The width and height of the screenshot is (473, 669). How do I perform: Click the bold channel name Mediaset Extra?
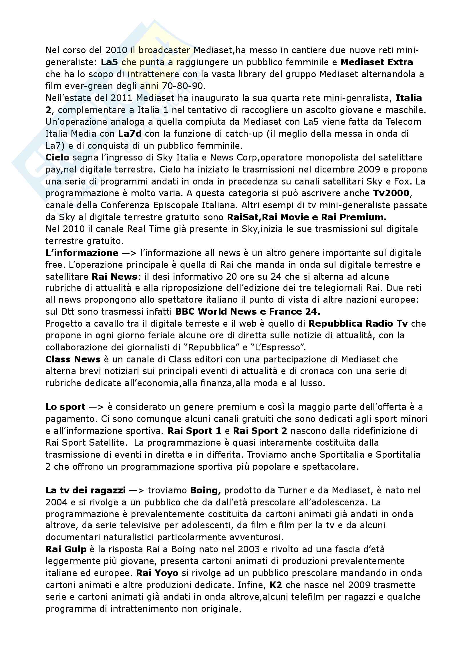[x=377, y=62]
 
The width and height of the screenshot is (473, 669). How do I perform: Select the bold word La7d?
[x=130, y=134]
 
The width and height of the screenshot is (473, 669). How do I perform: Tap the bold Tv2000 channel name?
[x=391, y=193]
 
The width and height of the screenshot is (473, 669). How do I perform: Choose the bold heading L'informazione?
[x=82, y=253]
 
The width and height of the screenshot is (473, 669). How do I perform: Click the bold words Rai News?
[x=114, y=277]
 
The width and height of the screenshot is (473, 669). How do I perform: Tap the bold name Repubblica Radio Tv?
[x=358, y=324]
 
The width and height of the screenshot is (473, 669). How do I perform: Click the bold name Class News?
[x=73, y=360]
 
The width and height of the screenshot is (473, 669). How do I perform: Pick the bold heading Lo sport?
[x=65, y=407]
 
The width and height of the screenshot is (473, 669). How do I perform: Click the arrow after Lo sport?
[x=96, y=407]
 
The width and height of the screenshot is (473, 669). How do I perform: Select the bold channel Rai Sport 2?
[x=260, y=431]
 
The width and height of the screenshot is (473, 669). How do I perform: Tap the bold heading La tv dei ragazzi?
[x=86, y=491]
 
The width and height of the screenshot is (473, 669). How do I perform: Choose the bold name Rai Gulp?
[x=66, y=549]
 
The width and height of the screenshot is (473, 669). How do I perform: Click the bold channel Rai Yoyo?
[x=157, y=573]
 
